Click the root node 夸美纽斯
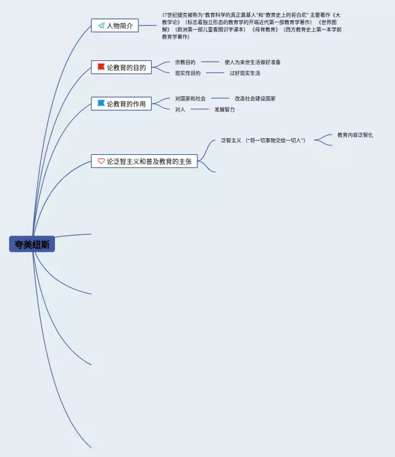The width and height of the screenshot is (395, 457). click(32, 245)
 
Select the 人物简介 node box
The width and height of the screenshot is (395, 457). click(115, 26)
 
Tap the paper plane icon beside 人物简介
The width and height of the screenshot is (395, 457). click(101, 26)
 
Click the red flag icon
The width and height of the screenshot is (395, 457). click(101, 67)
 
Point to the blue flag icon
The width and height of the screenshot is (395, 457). click(101, 104)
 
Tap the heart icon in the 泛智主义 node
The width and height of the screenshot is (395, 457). click(101, 161)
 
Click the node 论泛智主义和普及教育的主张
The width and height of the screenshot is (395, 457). click(144, 162)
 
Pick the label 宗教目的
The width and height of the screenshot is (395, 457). click(185, 62)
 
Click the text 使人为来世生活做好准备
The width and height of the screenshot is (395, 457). click(252, 62)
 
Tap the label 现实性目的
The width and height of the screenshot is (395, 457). click(187, 73)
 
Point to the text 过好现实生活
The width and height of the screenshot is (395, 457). click(244, 73)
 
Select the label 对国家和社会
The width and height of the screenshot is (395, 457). click(190, 99)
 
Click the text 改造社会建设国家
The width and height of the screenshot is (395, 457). click(254, 99)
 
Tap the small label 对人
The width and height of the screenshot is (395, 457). click(180, 110)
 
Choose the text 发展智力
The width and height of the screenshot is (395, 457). click(224, 110)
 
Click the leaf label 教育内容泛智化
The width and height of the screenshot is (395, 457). click(355, 135)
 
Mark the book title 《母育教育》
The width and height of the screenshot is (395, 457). click(264, 30)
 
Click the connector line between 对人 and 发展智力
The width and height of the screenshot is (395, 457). click(200, 109)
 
